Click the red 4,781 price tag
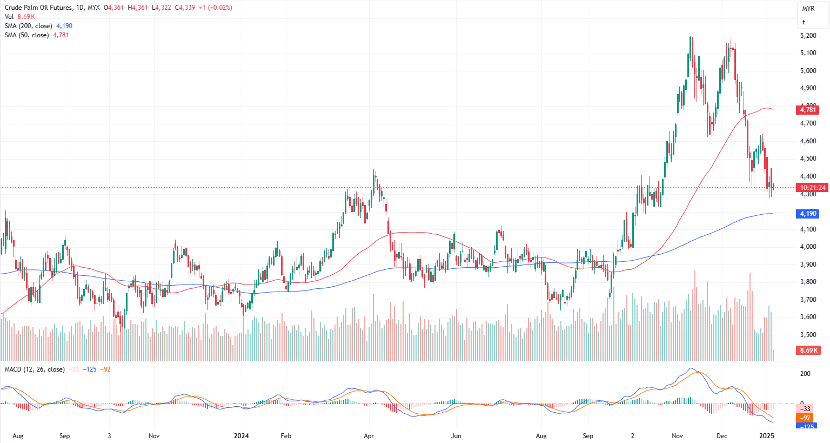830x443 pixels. [808, 110]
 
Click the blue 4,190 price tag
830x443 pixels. [808, 214]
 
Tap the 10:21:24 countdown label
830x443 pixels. [813, 188]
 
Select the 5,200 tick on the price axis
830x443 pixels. [808, 36]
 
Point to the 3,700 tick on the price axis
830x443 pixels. [808, 300]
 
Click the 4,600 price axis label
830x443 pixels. [808, 141]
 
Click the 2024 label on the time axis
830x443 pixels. [241, 436]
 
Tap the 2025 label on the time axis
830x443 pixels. [767, 436]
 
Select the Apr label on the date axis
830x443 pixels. [369, 436]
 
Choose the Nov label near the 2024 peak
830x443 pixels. [677, 436]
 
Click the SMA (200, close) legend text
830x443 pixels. [29, 26]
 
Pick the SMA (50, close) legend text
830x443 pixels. [26, 35]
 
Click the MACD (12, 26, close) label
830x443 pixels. [35, 369]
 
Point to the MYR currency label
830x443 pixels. [808, 9]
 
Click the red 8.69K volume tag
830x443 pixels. [808, 351]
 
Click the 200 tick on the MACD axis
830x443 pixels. [805, 374]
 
